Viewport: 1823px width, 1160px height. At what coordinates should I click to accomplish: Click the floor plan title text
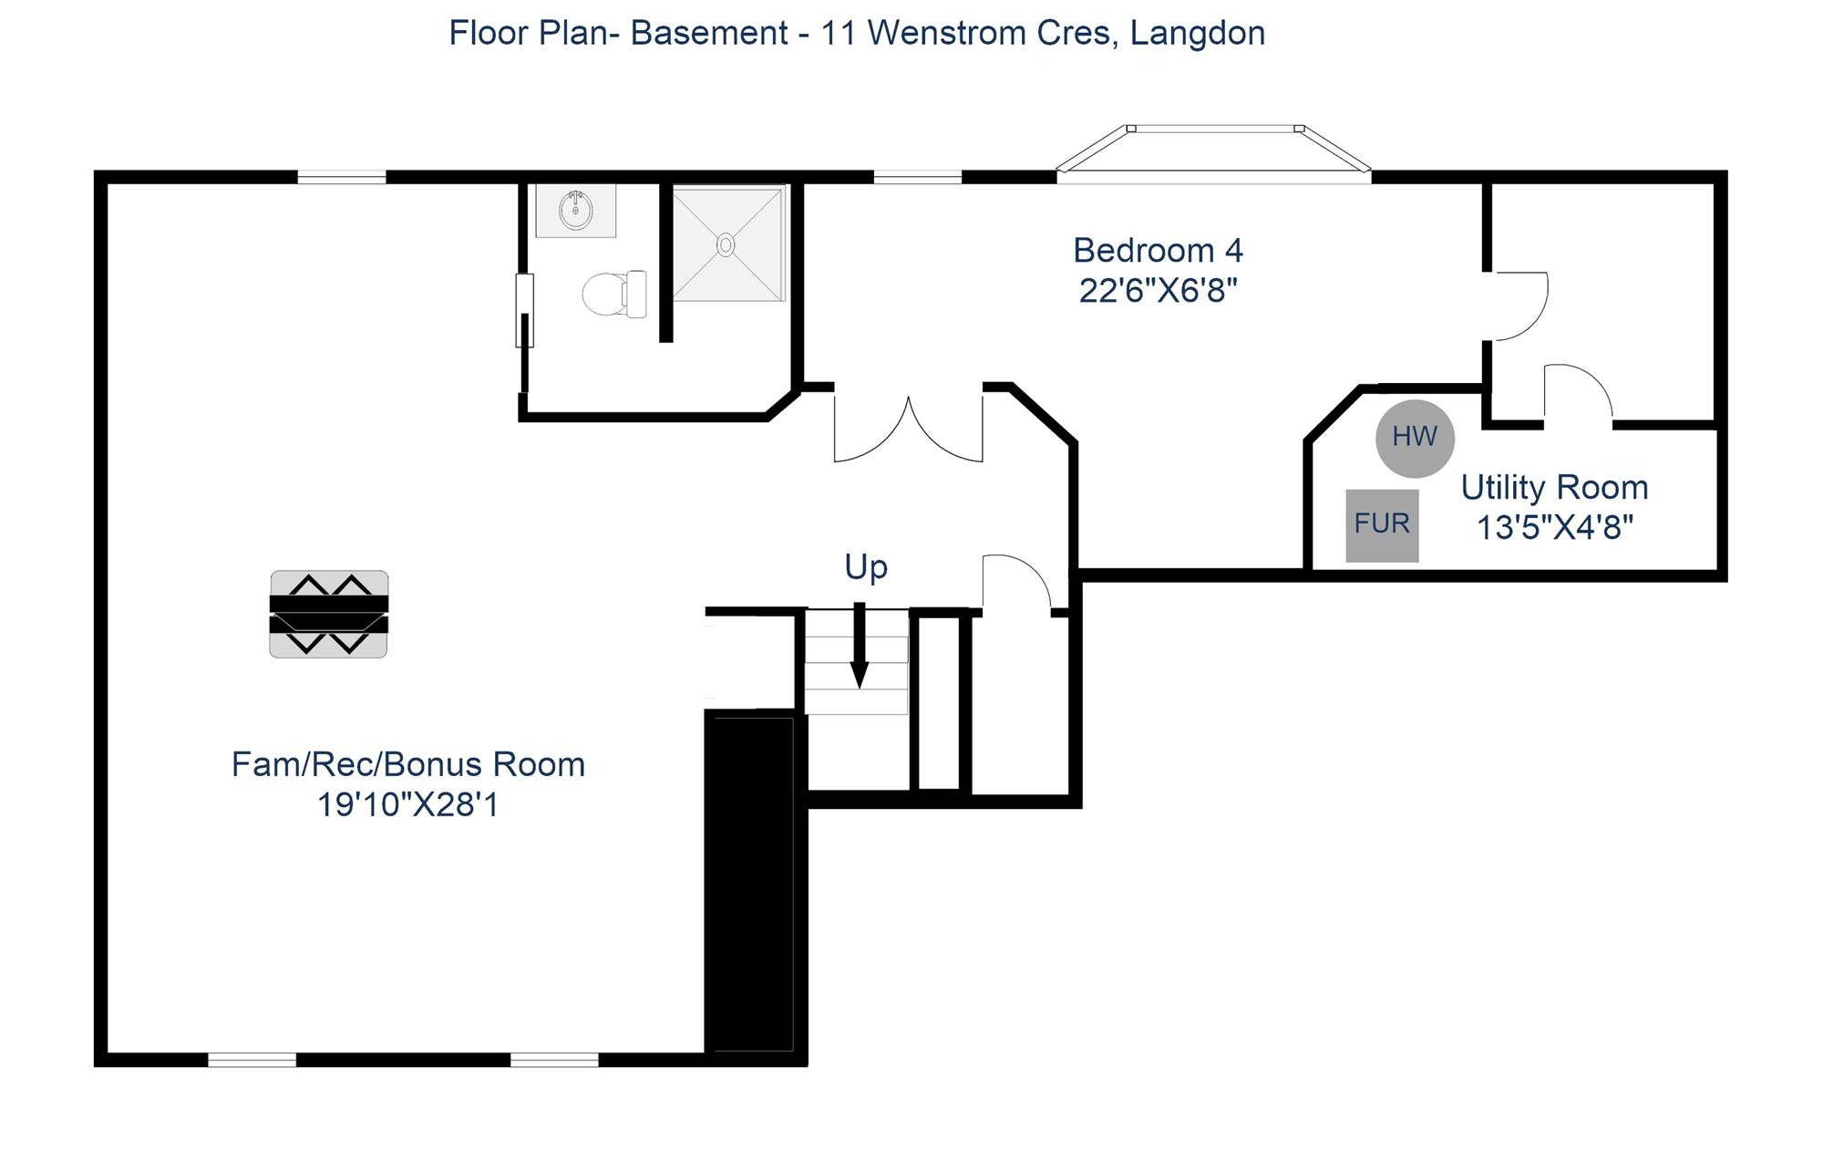click(857, 34)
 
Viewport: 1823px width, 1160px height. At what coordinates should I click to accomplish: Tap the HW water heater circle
click(1415, 439)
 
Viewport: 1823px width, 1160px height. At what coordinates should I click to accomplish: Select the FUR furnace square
click(1382, 525)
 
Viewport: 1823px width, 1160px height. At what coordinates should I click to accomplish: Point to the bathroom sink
click(575, 211)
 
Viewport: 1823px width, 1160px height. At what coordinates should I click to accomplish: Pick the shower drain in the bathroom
click(726, 244)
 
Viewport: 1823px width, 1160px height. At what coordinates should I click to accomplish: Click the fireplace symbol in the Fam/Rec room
click(329, 614)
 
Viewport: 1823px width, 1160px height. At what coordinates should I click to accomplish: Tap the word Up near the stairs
click(866, 567)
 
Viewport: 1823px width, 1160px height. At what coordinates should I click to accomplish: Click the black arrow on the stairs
click(859, 645)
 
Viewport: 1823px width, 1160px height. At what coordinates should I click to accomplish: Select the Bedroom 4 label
click(1158, 250)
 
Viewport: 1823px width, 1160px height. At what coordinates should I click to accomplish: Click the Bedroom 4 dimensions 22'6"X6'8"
click(1158, 291)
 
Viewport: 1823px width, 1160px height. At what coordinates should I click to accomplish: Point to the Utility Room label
click(1554, 488)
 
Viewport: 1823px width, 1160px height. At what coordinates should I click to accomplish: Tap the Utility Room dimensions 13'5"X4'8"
click(1554, 528)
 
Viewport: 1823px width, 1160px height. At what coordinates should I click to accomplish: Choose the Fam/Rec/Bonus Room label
click(408, 764)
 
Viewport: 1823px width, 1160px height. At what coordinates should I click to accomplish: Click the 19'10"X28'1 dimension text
click(408, 805)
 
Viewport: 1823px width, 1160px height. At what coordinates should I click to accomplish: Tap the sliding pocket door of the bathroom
click(524, 310)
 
